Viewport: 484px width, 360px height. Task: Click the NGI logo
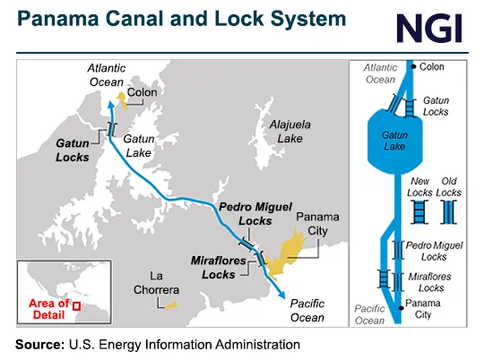[x=428, y=26]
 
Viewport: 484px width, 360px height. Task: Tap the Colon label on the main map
[x=143, y=91]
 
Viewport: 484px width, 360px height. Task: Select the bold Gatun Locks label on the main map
[x=72, y=150]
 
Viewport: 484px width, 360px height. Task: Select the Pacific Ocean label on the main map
[x=307, y=311]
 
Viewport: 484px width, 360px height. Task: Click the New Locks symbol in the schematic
[x=419, y=212]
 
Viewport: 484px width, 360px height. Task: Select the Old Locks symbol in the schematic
[x=449, y=212]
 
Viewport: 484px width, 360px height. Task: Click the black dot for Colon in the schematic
[x=411, y=66]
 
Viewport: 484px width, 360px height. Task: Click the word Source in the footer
[x=39, y=344]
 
